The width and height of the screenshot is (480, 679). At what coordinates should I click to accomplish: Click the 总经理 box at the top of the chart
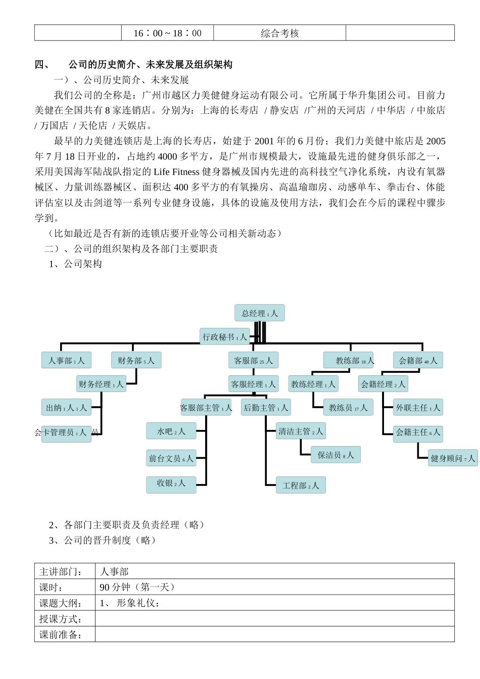(259, 313)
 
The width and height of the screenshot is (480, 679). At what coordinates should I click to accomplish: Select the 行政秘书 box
(224, 337)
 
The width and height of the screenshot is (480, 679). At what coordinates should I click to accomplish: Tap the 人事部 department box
(66, 360)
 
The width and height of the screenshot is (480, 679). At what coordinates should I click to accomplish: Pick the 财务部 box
(136, 360)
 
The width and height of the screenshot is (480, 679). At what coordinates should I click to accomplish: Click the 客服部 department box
(253, 360)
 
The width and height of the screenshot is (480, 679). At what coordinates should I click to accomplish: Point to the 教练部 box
(348, 360)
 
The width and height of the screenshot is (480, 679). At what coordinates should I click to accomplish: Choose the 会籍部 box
(418, 360)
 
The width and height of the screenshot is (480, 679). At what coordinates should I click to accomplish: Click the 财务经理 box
(101, 384)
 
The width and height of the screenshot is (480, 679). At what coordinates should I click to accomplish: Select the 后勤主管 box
(266, 407)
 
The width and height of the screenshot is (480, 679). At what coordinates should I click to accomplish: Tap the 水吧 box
(171, 431)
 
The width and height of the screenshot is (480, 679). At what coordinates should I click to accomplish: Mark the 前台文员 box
(171, 458)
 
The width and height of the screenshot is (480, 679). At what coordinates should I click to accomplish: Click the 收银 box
(171, 483)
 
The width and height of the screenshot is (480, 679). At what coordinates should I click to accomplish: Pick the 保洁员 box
(335, 455)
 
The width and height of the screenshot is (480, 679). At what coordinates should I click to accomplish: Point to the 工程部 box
(301, 486)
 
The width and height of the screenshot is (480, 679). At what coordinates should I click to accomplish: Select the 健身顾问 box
(452, 458)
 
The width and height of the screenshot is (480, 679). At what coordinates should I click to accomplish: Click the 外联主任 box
(418, 407)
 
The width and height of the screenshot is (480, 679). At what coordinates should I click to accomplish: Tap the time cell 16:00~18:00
(167, 33)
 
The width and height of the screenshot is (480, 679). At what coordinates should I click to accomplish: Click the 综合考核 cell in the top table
(279, 33)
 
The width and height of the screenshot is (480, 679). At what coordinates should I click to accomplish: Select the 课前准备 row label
(61, 635)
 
